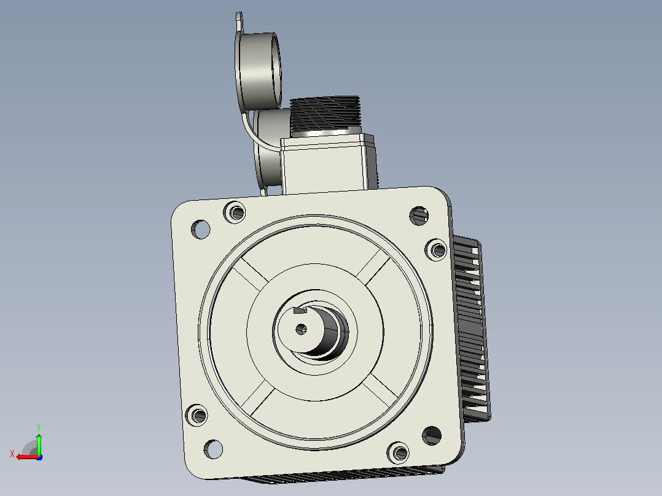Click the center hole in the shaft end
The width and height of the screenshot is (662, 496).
[301, 329]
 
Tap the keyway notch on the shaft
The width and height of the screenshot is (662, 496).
[300, 311]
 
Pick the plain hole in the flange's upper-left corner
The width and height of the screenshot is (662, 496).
[201, 229]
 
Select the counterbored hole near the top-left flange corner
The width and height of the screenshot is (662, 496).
[235, 212]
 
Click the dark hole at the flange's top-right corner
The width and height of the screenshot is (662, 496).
[419, 216]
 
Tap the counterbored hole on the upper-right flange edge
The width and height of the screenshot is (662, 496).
[437, 250]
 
